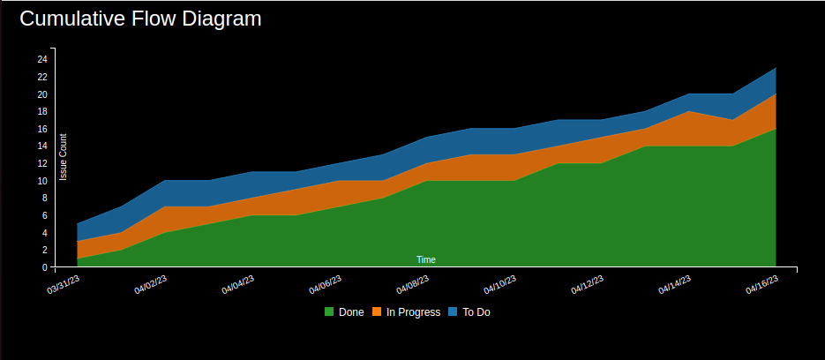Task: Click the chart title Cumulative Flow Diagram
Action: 140,19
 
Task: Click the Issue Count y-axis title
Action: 64,157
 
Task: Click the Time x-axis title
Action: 426,259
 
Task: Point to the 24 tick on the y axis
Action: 41,59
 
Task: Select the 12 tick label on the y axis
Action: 41,163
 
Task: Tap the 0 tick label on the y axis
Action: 44,267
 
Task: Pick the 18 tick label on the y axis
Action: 41,111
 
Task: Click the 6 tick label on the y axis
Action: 44,215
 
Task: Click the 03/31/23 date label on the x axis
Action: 64,285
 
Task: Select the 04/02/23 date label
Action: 151,285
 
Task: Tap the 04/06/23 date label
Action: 326,285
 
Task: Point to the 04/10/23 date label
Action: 500,285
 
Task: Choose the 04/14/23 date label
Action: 675,285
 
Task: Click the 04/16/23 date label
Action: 762,285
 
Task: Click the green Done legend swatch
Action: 329,312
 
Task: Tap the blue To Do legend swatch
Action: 454,312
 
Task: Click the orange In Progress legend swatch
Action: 377,312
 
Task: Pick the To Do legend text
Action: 476,312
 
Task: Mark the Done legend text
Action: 351,312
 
